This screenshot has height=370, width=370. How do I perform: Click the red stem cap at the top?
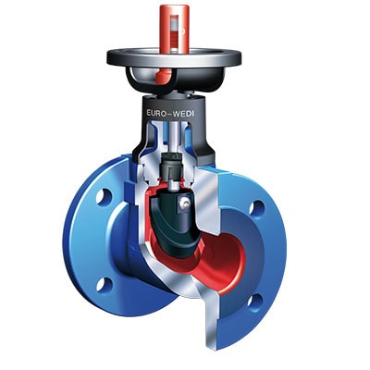[x=174, y=28]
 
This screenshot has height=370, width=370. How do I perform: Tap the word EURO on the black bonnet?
[x=157, y=113]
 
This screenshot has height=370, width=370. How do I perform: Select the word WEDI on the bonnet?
[x=185, y=113]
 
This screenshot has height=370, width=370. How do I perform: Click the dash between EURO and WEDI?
[x=171, y=114]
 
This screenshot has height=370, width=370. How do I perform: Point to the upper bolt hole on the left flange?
[x=104, y=197]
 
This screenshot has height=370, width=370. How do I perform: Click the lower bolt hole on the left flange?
[x=104, y=284]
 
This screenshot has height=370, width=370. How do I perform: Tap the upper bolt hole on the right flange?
[x=257, y=209]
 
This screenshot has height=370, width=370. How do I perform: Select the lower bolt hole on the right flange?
[x=255, y=302]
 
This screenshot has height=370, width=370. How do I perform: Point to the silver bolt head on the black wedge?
[x=185, y=203]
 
